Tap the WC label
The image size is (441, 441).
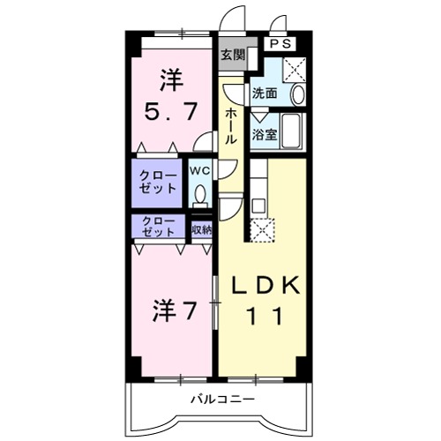(x=198, y=169)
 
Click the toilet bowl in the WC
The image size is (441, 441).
(x=199, y=195)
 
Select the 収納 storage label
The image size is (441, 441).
(x=202, y=229)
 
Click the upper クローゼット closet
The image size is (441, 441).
(x=157, y=183)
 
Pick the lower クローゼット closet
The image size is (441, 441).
(x=157, y=227)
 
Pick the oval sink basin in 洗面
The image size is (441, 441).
(x=296, y=92)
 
